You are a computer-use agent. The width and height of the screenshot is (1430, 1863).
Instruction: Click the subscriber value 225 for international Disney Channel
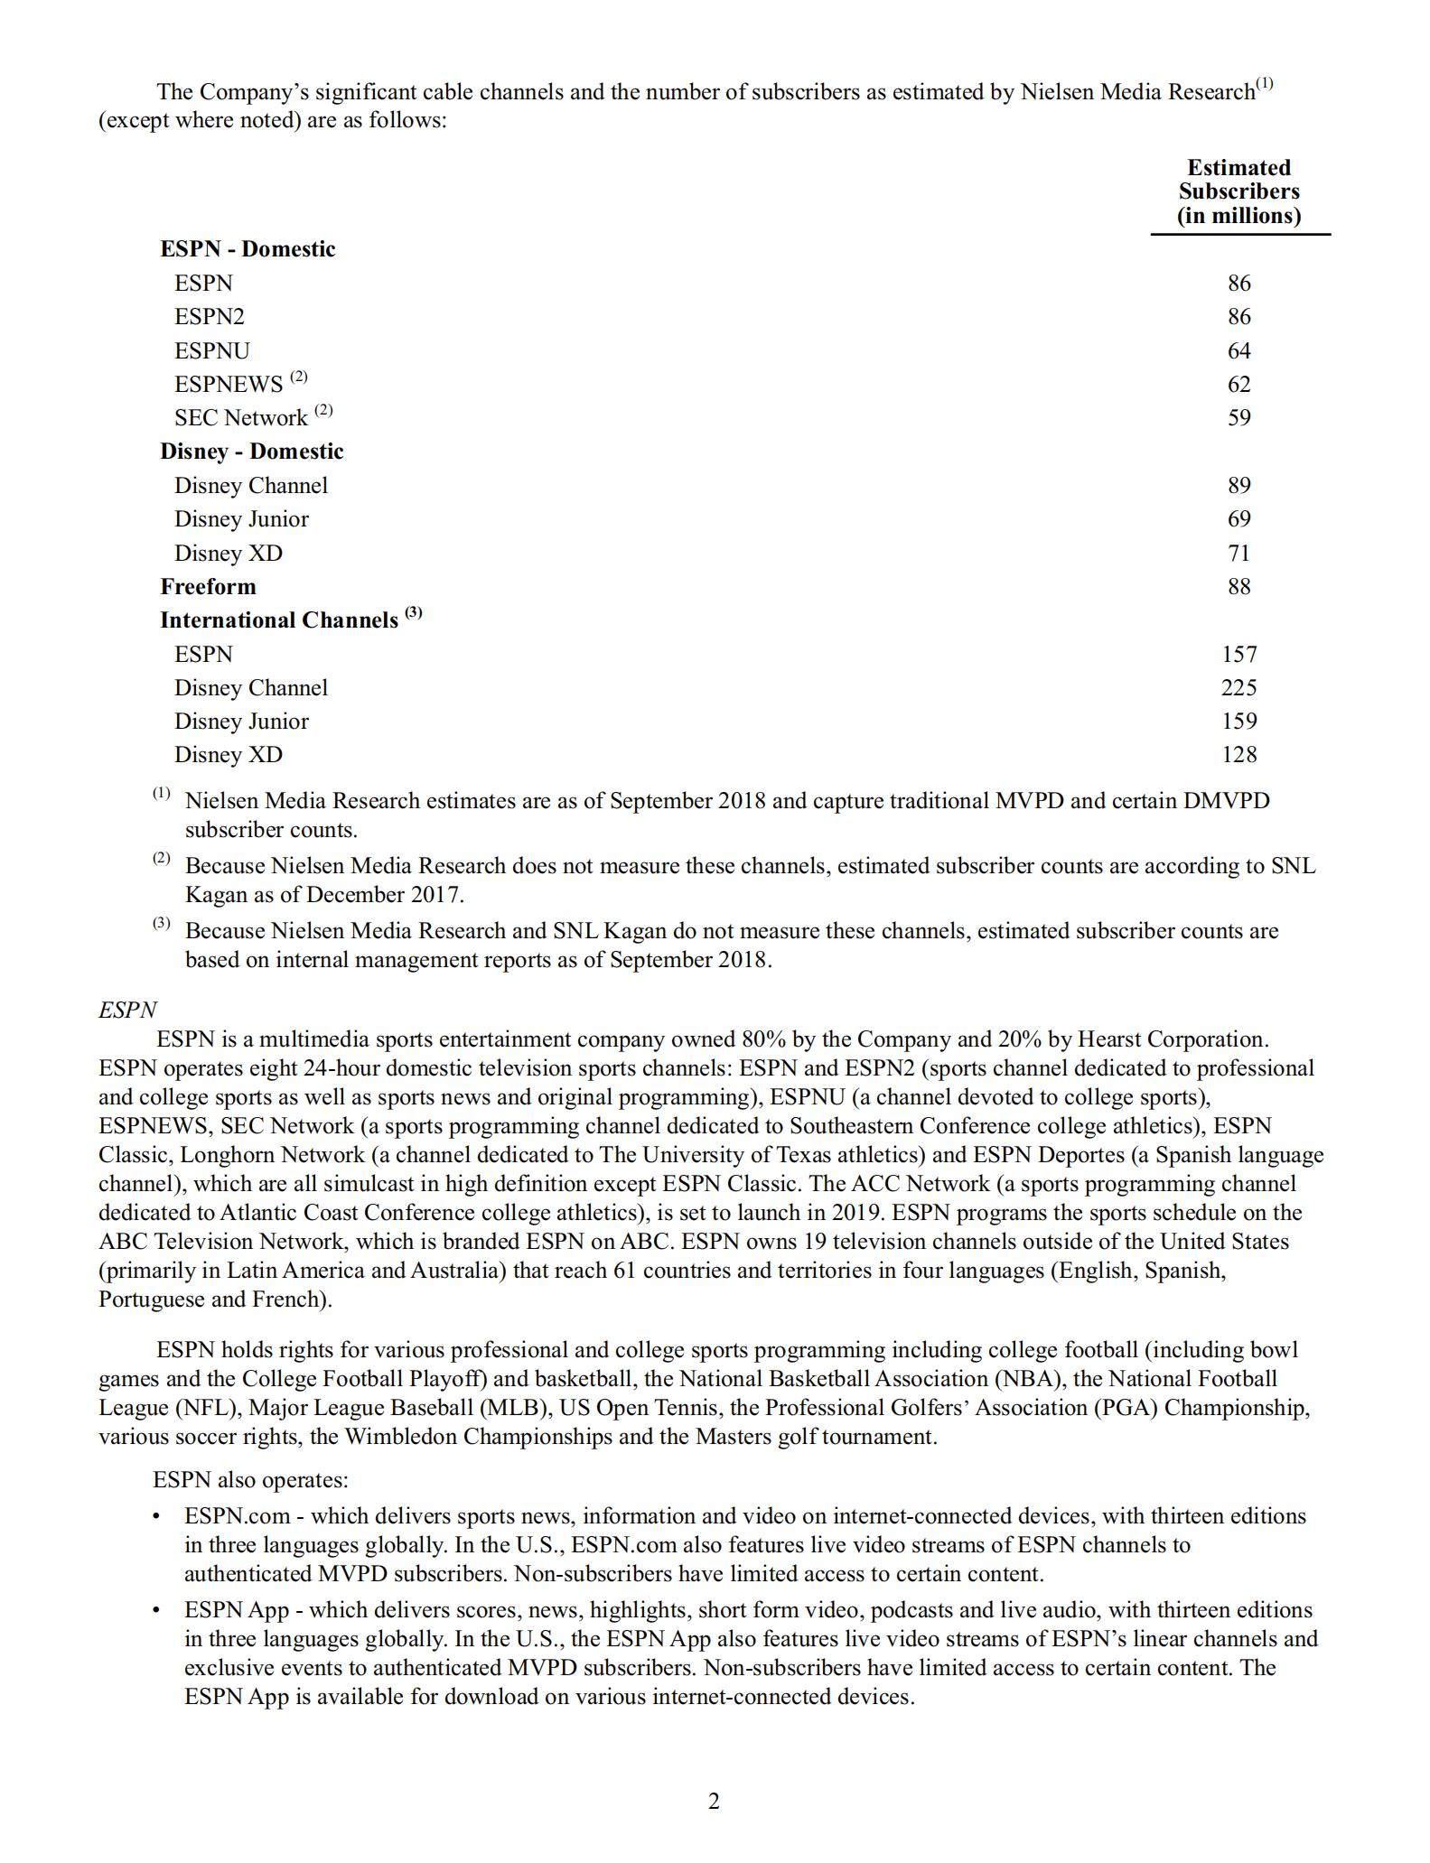click(x=1238, y=687)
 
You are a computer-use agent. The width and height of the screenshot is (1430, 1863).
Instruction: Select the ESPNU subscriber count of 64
click(x=1238, y=350)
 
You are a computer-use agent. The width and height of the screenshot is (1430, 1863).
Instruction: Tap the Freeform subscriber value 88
click(x=1238, y=586)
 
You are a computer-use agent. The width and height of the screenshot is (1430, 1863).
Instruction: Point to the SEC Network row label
click(x=241, y=418)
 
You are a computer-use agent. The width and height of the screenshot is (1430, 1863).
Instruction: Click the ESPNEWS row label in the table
click(x=229, y=385)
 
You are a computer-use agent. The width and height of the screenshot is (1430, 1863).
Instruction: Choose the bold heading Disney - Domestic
click(x=252, y=452)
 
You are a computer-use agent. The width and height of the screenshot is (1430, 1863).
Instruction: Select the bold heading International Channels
click(x=279, y=620)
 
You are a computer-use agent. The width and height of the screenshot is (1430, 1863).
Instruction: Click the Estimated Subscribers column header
click(x=1238, y=191)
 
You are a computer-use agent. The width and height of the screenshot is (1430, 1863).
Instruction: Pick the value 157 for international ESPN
click(x=1238, y=654)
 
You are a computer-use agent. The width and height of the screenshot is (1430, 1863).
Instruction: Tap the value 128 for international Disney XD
click(x=1238, y=754)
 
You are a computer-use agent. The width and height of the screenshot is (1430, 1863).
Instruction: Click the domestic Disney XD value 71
click(x=1238, y=553)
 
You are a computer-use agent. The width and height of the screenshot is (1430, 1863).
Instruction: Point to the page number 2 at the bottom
click(x=714, y=1802)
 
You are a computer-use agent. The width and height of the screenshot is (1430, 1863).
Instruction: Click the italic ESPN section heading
click(x=127, y=1010)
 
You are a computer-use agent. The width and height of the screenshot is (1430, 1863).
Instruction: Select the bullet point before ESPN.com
click(x=157, y=1516)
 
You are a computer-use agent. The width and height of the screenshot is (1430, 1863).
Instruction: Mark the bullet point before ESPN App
click(x=157, y=1610)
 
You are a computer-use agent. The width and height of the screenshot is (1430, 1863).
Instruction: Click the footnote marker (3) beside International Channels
click(x=414, y=613)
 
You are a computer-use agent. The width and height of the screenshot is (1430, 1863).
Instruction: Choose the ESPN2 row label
click(x=210, y=317)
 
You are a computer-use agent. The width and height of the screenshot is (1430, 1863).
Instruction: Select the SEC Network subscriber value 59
click(x=1238, y=418)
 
